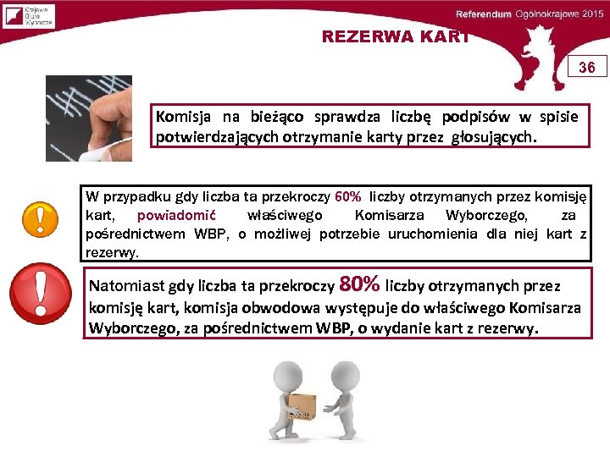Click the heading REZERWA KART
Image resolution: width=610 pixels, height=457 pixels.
coord(394,36)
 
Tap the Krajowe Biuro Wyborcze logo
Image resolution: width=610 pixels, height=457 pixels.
coord(29,15)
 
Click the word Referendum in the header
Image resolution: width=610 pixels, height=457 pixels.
coord(484,15)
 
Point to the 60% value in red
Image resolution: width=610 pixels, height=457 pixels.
coord(348,197)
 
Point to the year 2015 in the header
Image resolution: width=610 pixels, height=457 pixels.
coord(591,15)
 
